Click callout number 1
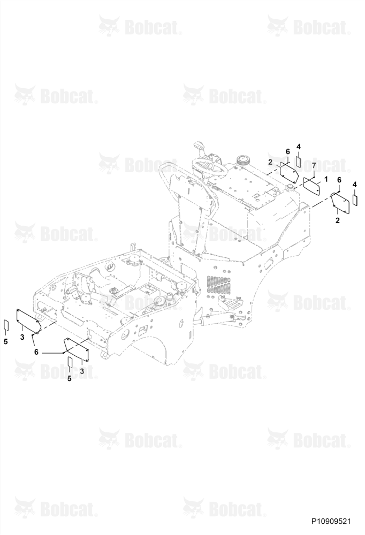click(326, 179)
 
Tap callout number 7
click(314, 166)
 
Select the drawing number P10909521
click(331, 521)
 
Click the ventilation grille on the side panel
click(218, 284)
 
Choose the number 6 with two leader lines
click(36, 352)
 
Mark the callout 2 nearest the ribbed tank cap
click(270, 162)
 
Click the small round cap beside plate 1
click(290, 187)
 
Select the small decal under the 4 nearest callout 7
click(299, 162)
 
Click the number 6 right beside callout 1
click(339, 179)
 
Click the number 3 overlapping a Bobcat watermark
click(82, 371)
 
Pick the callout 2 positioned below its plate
click(337, 220)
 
